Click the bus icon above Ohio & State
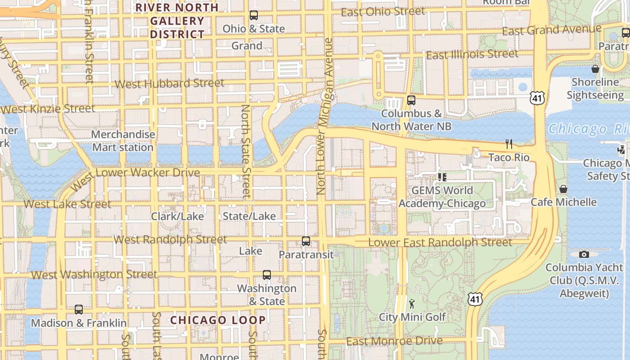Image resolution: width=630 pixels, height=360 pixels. (254, 15)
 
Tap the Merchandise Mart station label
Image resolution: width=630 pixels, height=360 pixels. (123, 141)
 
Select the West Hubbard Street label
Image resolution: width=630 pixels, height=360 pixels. (169, 84)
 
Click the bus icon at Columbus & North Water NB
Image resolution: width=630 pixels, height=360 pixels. (411, 100)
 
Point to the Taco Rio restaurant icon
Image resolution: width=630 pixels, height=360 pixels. (509, 144)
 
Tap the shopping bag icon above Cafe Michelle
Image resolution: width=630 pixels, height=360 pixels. (563, 189)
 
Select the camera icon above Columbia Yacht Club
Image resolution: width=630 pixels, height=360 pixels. (584, 255)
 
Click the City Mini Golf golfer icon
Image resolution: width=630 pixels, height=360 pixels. (412, 303)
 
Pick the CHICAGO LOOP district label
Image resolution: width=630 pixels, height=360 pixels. (218, 320)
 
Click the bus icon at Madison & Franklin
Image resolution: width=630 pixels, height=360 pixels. (79, 310)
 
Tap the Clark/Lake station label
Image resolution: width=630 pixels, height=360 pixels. (177, 216)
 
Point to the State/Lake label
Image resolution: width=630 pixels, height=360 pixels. (249, 216)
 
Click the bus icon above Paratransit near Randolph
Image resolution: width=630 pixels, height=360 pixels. (306, 241)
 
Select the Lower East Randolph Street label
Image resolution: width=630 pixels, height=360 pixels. (440, 243)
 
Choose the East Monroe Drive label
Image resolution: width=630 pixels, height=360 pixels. (394, 342)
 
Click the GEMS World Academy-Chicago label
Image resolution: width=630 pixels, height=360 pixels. (442, 197)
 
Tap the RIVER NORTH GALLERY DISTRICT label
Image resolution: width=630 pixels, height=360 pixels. (177, 21)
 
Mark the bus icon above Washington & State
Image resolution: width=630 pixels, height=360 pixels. (267, 275)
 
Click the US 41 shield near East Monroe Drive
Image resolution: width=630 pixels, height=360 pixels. (475, 299)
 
